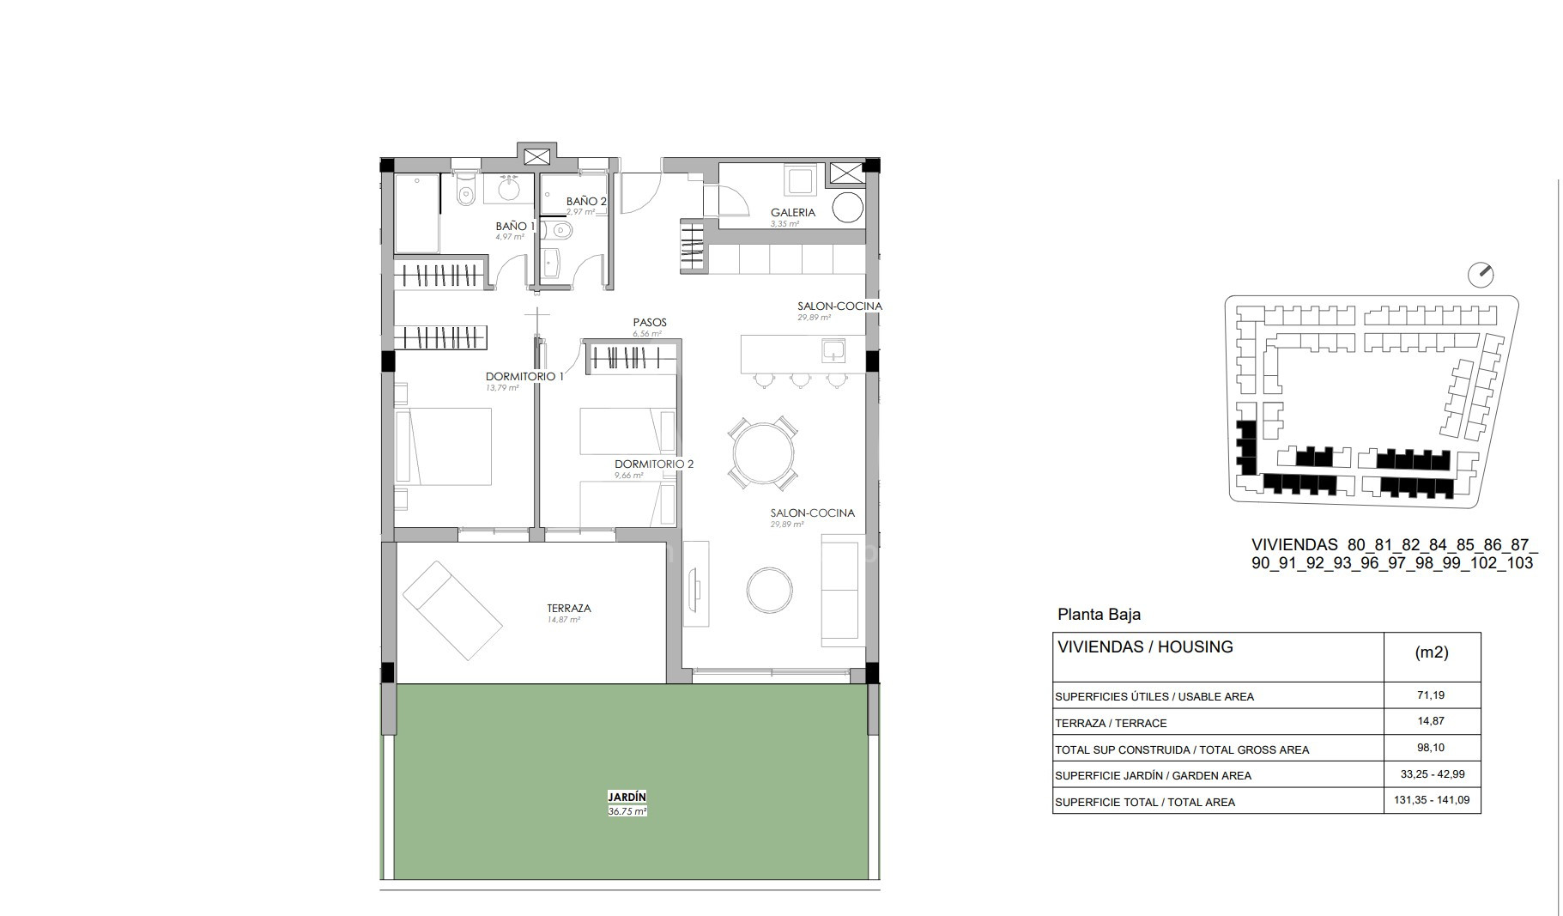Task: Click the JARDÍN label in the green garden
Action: click(627, 797)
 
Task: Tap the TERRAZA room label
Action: click(568, 608)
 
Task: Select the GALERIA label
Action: click(792, 212)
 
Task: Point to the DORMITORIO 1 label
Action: click(524, 376)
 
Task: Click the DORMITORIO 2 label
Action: click(654, 464)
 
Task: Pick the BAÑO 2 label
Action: click(586, 202)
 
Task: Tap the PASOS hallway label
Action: click(650, 323)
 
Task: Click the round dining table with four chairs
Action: click(762, 452)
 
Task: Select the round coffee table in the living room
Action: click(770, 590)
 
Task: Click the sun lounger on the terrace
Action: click(452, 610)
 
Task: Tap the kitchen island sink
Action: click(833, 350)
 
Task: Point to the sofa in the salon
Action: click(844, 590)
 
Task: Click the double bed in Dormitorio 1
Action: click(443, 446)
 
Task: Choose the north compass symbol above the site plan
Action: click(1481, 275)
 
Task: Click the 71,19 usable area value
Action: click(1432, 695)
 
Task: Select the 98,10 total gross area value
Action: click(1432, 748)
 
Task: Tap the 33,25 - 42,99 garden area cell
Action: click(1432, 774)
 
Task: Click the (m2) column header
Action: click(1432, 652)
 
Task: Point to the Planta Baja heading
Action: click(1099, 615)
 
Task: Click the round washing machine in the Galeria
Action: click(848, 208)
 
